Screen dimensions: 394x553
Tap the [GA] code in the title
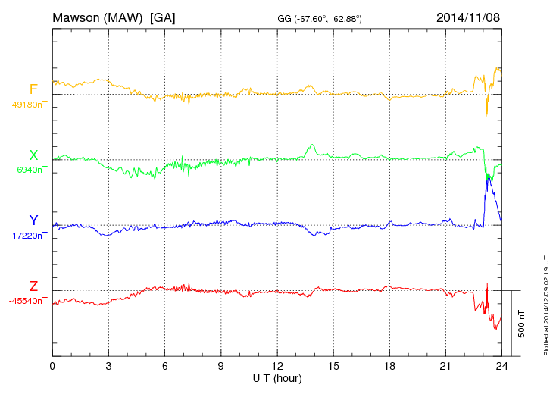point(163,17)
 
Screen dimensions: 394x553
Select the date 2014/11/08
point(468,17)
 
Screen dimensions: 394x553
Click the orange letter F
point(33,90)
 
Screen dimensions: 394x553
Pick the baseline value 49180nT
point(30,105)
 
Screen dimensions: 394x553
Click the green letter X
point(33,155)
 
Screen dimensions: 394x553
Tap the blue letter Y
point(33,220)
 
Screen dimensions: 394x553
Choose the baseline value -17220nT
point(30,236)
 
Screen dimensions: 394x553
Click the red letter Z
point(33,286)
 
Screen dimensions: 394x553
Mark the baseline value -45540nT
point(30,301)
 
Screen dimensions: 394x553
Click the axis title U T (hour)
point(277,378)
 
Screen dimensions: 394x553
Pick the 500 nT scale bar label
point(522,323)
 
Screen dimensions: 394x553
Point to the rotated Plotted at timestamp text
point(545,303)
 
